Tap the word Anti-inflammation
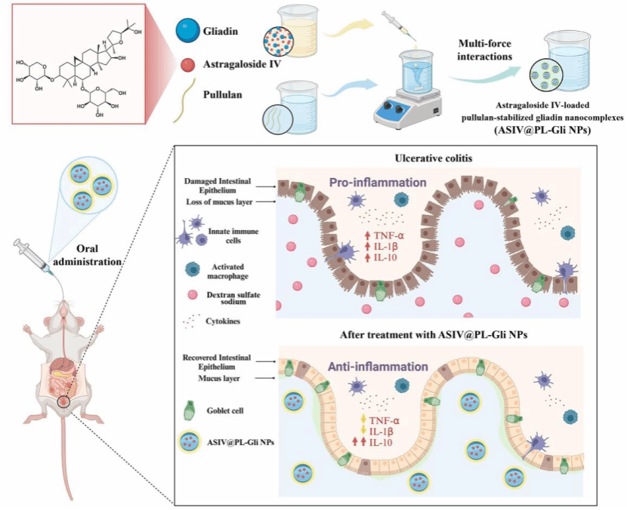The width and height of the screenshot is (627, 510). (x=378, y=367)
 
